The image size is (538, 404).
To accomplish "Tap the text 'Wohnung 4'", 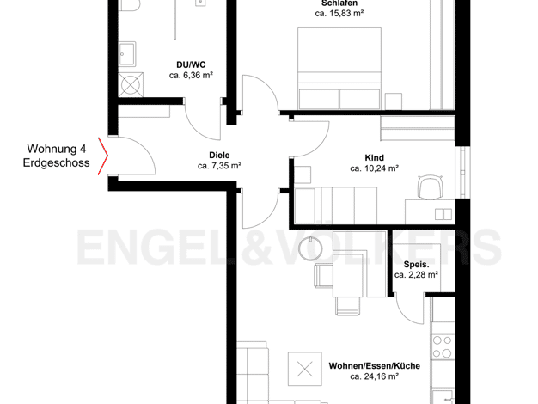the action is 57,149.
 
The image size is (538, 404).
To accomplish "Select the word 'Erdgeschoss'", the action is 56,162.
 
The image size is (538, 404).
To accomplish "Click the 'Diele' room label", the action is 219,155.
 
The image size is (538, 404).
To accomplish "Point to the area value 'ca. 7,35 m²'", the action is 220,166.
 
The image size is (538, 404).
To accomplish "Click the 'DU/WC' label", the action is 191,64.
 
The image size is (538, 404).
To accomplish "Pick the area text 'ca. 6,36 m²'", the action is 191,75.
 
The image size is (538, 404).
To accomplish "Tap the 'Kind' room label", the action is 375,158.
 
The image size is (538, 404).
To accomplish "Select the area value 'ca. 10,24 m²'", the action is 375,168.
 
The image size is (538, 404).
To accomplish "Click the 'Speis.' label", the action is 416,265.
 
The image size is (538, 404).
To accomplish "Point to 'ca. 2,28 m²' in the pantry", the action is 416,275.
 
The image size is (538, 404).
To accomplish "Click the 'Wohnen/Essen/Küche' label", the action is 375,366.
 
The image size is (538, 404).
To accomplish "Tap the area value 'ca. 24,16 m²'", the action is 375,376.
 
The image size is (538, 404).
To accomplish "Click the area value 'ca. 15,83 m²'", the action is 339,14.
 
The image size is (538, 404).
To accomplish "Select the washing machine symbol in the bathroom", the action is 131,84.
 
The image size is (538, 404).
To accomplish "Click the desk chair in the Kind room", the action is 430,187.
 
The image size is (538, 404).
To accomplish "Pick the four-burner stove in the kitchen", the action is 443,346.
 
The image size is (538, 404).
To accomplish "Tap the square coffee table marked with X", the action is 305,369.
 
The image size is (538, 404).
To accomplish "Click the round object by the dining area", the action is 310,248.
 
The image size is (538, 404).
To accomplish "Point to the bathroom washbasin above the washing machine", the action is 127,54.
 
